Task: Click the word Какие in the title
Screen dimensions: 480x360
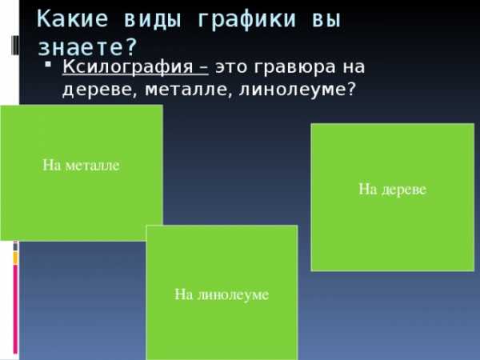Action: pos(72,19)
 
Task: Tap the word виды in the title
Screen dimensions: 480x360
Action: pos(153,20)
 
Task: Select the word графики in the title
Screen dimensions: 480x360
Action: pos(247,20)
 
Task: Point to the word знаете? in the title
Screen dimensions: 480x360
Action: pos(87,47)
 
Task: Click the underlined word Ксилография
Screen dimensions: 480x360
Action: pos(128,67)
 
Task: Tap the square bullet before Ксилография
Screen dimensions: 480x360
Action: pos(48,64)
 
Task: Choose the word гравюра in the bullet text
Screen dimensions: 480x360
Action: pos(294,68)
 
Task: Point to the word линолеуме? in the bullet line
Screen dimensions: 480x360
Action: pos(298,90)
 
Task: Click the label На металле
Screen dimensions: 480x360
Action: pos(81,166)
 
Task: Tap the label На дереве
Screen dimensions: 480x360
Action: pos(393,189)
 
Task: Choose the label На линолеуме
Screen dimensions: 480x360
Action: pos(222,294)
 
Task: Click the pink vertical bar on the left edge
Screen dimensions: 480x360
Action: pos(15,309)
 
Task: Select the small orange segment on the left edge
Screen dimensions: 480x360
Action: pos(15,258)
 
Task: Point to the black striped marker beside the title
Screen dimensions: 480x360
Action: pos(15,46)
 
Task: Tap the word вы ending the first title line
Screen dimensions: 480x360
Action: pos(326,20)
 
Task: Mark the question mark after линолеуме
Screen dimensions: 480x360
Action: pos(352,89)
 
